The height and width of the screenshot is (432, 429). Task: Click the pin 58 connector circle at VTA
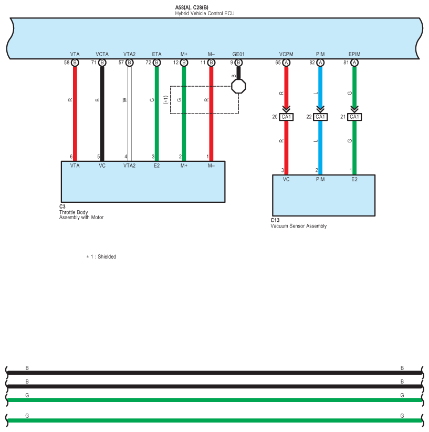click(75, 62)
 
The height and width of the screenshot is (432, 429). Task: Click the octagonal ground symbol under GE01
click(238, 85)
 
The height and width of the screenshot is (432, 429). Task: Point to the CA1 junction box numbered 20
click(286, 117)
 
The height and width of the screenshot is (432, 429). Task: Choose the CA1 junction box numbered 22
click(320, 117)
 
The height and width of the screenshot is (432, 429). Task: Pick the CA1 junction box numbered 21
click(354, 117)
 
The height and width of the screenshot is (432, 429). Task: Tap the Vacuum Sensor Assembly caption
click(298, 226)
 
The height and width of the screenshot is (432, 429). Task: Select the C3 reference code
click(62, 207)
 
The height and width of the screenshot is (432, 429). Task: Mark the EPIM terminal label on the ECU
click(354, 54)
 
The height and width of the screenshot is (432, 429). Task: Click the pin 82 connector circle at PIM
click(320, 62)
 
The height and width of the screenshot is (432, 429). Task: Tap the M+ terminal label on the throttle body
click(184, 166)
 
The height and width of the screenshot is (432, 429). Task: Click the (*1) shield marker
click(165, 99)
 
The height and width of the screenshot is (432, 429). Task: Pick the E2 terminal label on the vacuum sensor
click(354, 179)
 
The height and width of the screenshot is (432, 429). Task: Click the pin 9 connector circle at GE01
click(238, 62)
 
